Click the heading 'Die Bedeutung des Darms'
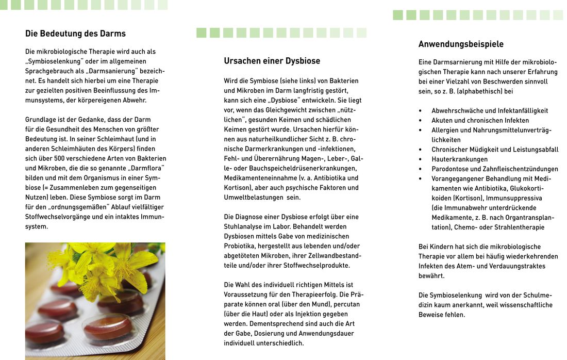click(x=75, y=34)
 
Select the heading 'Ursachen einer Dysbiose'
click(x=272, y=61)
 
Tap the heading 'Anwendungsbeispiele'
click(x=461, y=44)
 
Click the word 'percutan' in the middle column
click(x=347, y=304)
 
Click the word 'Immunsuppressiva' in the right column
click(x=516, y=198)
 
